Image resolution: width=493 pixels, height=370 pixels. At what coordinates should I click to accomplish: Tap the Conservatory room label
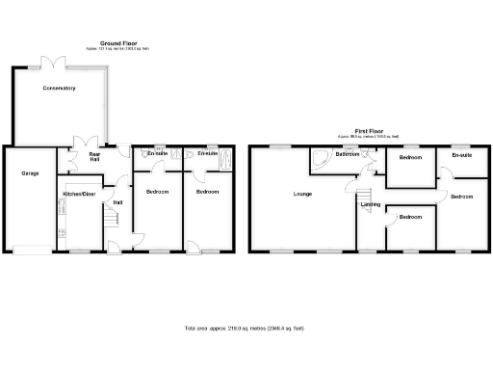pyautogui.click(x=59, y=88)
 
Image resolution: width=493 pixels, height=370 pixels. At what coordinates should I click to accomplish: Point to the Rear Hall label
pyautogui.click(x=95, y=156)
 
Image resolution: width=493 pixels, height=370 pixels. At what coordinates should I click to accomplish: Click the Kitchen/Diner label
pyautogui.click(x=78, y=194)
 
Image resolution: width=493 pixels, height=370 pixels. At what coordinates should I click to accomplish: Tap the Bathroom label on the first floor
pyautogui.click(x=347, y=155)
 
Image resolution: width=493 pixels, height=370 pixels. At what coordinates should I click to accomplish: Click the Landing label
pyautogui.click(x=370, y=204)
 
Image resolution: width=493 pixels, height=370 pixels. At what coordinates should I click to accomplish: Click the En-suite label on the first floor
pyautogui.click(x=461, y=155)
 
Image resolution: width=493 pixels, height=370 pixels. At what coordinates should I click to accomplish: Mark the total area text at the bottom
pyautogui.click(x=246, y=330)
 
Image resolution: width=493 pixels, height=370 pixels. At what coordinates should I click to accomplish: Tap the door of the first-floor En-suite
pyautogui.click(x=447, y=174)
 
